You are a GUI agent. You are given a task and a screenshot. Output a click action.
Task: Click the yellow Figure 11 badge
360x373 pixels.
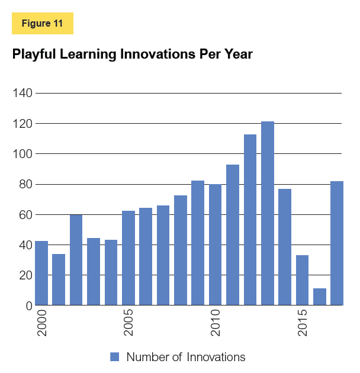(42, 23)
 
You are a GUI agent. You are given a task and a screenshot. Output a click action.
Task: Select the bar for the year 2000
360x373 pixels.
(41, 273)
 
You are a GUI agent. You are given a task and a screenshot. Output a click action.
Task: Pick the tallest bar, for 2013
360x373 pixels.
(268, 214)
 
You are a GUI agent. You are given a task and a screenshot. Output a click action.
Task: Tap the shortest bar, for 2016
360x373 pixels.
(320, 297)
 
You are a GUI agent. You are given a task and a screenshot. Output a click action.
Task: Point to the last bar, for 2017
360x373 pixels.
(337, 243)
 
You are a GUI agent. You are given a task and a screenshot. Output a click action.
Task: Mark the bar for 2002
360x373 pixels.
(76, 260)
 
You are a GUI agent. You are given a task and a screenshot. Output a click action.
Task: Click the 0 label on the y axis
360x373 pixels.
(27, 306)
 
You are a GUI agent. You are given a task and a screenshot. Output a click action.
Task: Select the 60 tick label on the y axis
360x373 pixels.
(24, 215)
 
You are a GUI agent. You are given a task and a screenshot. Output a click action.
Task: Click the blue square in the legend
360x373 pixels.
(115, 356)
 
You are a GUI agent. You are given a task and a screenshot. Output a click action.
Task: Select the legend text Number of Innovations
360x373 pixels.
(185, 356)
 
